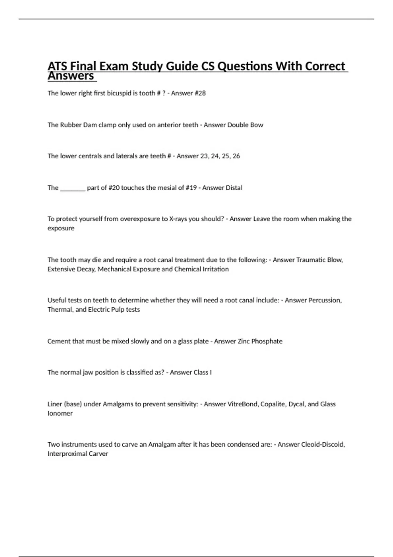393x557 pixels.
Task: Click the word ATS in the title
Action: click(58, 66)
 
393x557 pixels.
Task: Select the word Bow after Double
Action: click(257, 125)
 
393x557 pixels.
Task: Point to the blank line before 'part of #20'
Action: click(73, 188)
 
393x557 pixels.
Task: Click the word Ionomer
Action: click(60, 413)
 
